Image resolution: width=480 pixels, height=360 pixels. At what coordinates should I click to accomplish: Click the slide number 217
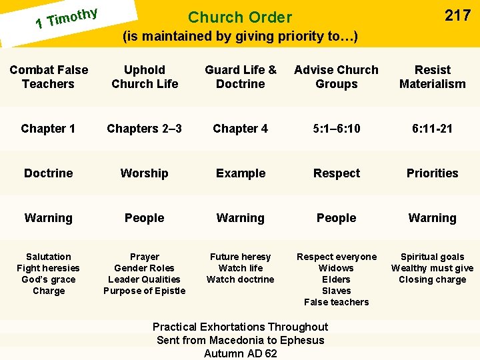[457, 16]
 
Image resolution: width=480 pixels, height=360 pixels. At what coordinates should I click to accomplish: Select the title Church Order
[240, 17]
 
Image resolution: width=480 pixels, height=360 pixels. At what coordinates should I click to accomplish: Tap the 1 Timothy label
[67, 18]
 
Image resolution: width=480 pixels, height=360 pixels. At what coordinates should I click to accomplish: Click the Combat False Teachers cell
[48, 77]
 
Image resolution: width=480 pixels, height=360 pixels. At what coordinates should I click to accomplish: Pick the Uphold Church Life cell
[145, 77]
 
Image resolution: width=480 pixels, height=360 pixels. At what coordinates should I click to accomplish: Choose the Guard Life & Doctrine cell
[241, 77]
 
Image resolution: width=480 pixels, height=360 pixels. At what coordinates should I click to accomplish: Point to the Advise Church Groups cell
[336, 77]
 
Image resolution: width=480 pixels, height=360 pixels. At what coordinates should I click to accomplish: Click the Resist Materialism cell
[432, 77]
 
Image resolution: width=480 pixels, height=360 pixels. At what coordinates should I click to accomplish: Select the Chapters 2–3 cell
[145, 129]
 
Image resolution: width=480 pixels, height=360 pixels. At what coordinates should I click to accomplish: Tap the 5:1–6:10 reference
[336, 129]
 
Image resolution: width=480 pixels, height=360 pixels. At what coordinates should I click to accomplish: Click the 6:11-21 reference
[432, 129]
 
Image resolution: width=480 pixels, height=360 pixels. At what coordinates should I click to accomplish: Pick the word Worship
[145, 173]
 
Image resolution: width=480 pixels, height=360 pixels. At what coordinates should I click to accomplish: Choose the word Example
[241, 173]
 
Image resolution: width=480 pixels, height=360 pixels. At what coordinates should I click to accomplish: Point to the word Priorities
[432, 173]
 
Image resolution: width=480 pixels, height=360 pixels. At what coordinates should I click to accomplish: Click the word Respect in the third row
[336, 173]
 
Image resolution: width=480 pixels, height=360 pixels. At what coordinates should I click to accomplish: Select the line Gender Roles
[145, 268]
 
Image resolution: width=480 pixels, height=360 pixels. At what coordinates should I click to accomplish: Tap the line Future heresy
[240, 257]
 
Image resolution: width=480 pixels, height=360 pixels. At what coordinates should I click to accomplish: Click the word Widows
[336, 268]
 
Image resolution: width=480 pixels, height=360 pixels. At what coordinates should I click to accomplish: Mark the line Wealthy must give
[432, 268]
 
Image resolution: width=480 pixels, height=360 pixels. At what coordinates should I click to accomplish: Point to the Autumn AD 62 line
[240, 353]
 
